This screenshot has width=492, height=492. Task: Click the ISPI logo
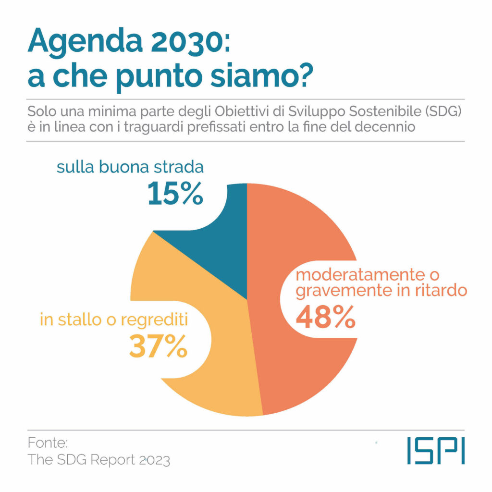click(x=435, y=450)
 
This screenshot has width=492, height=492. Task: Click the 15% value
click(x=175, y=194)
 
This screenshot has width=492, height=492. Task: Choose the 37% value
click(x=158, y=347)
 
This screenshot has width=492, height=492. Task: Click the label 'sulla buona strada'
click(x=130, y=168)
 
